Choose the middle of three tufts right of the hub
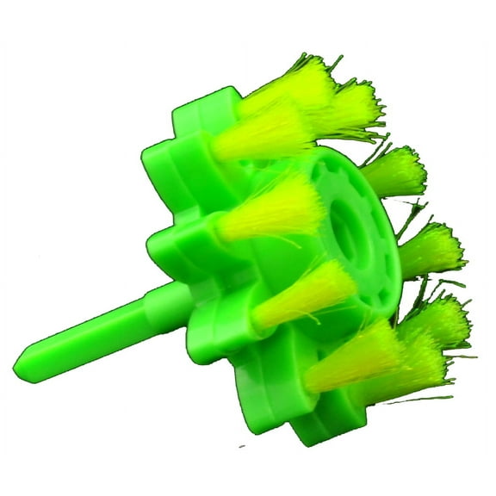coord(431,250)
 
